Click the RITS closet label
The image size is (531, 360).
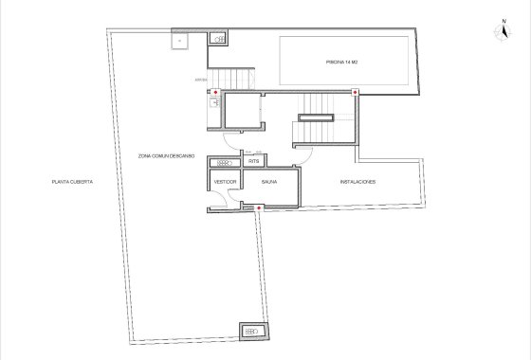(253, 161)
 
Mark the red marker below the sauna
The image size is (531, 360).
(260, 207)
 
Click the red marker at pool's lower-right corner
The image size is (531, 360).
(355, 93)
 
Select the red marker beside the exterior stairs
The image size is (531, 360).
(216, 94)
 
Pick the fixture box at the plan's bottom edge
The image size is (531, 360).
(251, 332)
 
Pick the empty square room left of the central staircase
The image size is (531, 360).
(246, 112)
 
